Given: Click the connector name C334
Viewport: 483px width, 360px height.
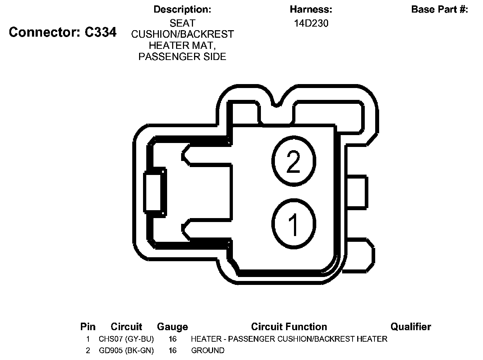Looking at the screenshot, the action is (100, 32).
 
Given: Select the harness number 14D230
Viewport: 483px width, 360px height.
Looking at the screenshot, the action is (311, 23).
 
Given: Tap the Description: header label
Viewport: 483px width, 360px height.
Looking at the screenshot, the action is (182, 9).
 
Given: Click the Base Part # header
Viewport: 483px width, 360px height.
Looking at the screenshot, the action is (440, 9).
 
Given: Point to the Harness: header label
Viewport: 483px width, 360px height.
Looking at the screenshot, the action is (311, 9).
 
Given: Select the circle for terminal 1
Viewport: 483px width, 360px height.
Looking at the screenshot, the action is (294, 224).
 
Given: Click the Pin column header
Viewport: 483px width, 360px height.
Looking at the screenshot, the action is (88, 327).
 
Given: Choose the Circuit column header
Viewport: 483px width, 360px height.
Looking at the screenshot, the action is (126, 327).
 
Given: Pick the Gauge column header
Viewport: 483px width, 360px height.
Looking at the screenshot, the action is (172, 327).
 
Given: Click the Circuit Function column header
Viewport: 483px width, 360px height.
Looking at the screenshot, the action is (289, 327).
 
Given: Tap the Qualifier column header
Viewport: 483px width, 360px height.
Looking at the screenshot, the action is (411, 327).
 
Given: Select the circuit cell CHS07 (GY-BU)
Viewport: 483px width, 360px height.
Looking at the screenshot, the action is (126, 339).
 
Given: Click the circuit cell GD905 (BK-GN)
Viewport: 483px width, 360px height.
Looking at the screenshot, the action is (126, 351).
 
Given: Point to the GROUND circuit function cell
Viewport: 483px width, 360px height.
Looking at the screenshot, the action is (208, 351).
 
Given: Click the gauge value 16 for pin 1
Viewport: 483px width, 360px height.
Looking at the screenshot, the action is (172, 339).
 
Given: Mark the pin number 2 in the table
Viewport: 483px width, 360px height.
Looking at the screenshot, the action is (88, 351).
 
